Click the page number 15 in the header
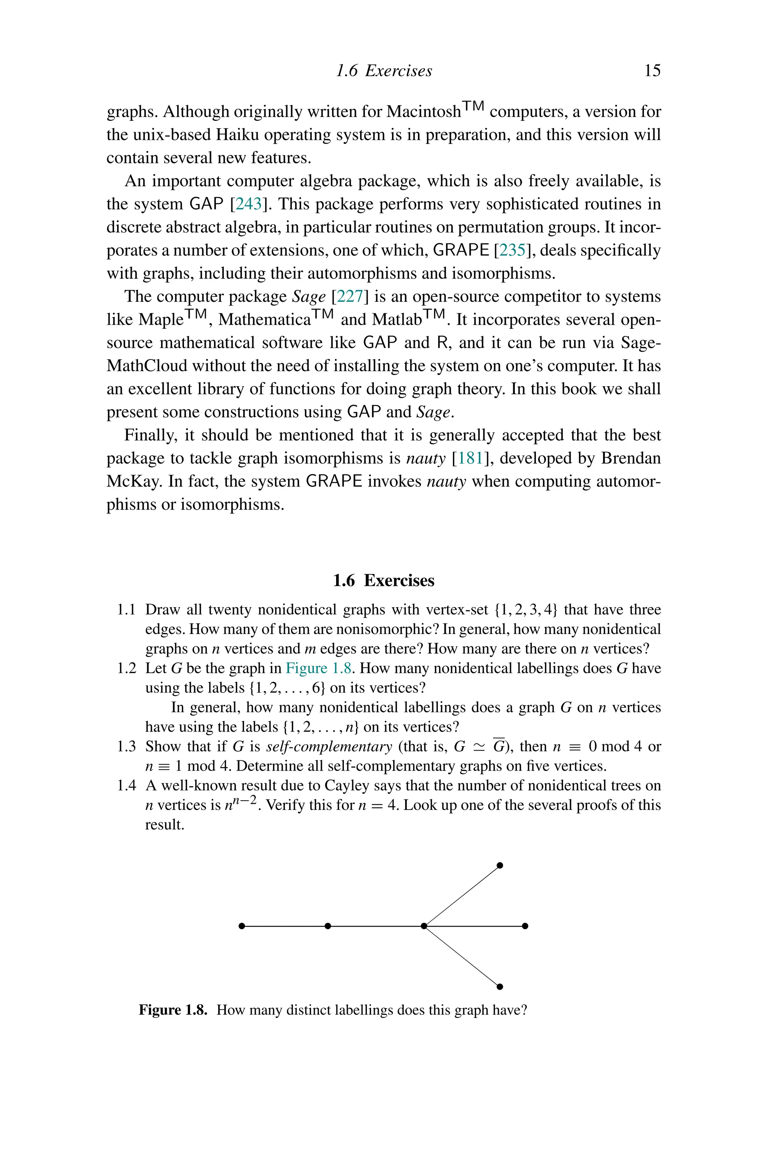coord(652,71)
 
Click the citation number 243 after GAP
coord(249,204)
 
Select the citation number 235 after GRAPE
coord(512,250)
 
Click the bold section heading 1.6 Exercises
coord(383,580)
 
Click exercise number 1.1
coord(126,610)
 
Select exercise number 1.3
coord(126,747)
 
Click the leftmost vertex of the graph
coord(241,926)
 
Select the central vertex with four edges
coord(424,926)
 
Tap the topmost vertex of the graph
coord(500,865)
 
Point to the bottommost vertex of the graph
coord(500,987)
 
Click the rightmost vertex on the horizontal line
coord(525,926)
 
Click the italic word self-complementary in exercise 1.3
coord(329,747)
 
